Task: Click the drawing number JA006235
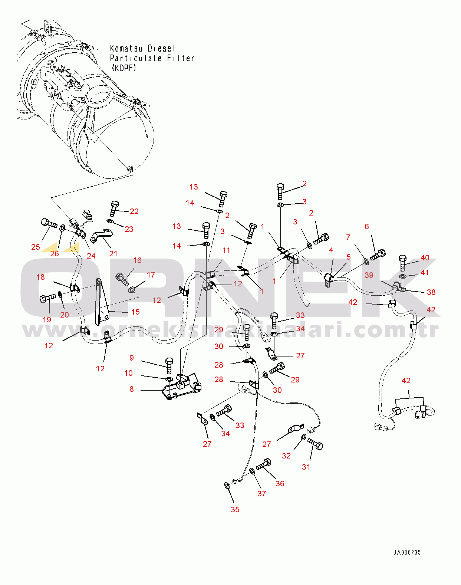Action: [407, 552]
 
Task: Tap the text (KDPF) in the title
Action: [124, 68]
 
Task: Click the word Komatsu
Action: [126, 48]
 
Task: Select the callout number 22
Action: [134, 211]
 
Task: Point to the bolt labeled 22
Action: [115, 208]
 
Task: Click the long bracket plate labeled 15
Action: [102, 302]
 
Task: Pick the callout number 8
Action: [132, 389]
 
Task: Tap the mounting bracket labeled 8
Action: [182, 386]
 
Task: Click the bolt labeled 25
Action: [49, 223]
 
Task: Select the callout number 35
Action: [235, 509]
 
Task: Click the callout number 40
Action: [425, 257]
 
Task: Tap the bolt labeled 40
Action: [402, 263]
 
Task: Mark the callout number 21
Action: [113, 253]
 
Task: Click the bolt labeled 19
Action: [48, 298]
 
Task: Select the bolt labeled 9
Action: [169, 366]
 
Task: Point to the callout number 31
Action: [306, 467]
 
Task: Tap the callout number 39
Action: [369, 275]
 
